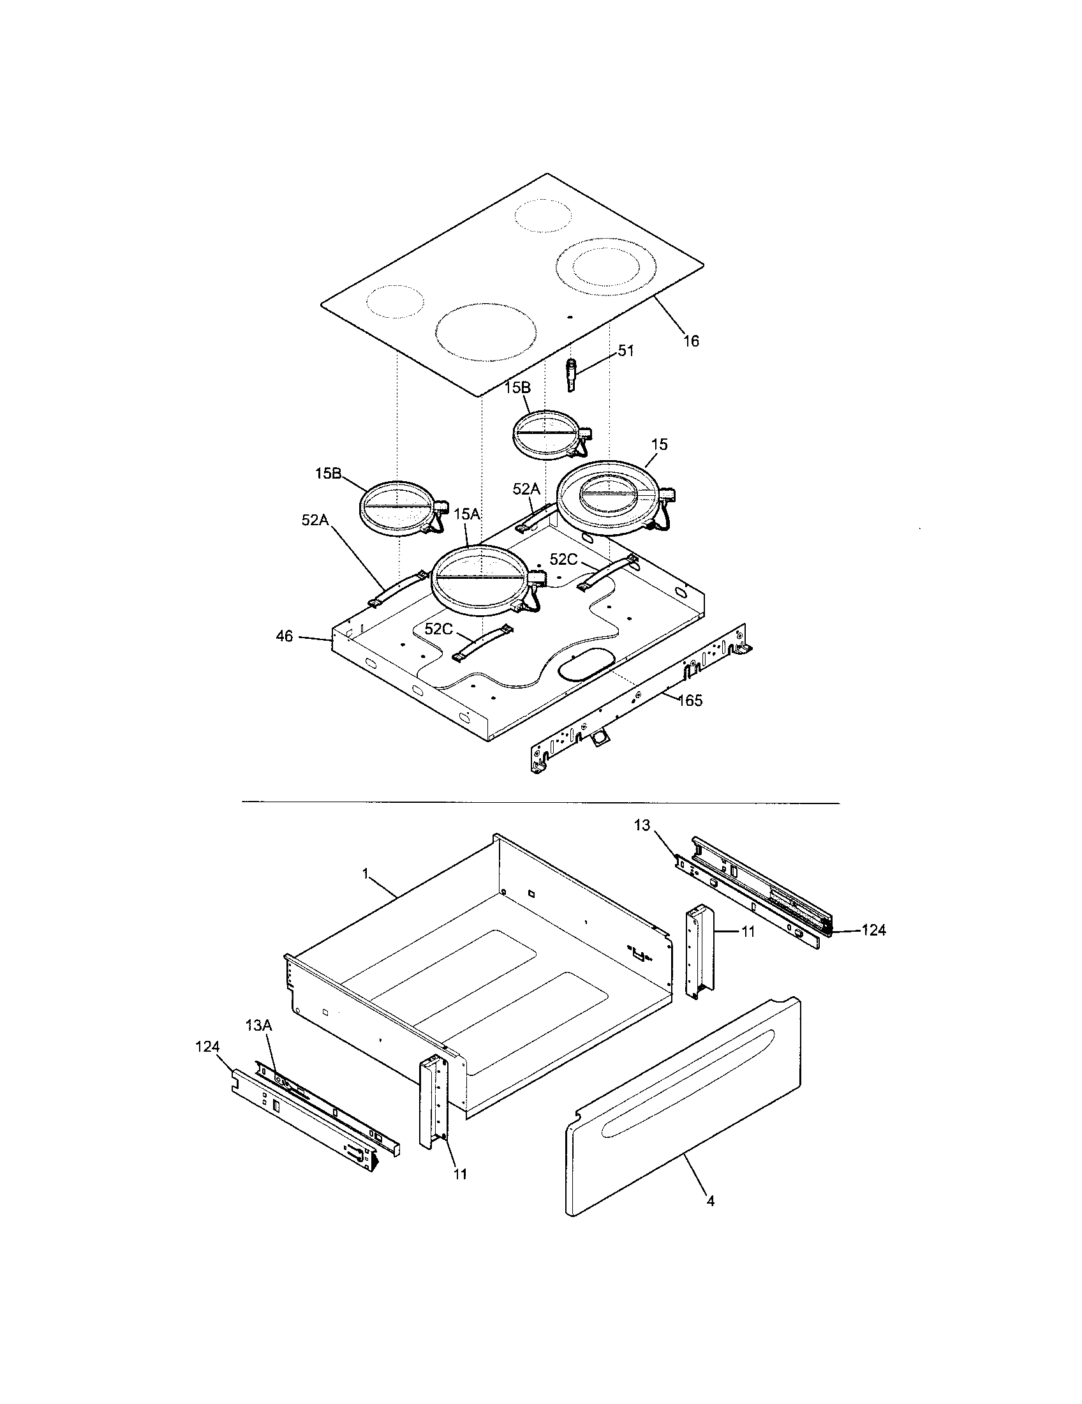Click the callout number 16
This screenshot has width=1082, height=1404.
pyautogui.click(x=691, y=341)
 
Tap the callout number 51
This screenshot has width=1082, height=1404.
pyautogui.click(x=626, y=351)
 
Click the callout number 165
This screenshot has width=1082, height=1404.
pyautogui.click(x=690, y=700)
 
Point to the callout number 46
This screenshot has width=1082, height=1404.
pyautogui.click(x=285, y=636)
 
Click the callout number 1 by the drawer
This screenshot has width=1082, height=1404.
pyautogui.click(x=365, y=874)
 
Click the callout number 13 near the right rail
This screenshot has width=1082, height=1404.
pyautogui.click(x=642, y=825)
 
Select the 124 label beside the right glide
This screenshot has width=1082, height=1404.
pyautogui.click(x=873, y=930)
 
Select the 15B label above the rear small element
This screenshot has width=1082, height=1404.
pyautogui.click(x=517, y=387)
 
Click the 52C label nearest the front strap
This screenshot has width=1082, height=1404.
pyautogui.click(x=438, y=629)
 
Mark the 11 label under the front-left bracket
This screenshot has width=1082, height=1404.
pyautogui.click(x=459, y=1173)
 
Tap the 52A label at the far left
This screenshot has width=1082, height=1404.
pyautogui.click(x=315, y=520)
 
